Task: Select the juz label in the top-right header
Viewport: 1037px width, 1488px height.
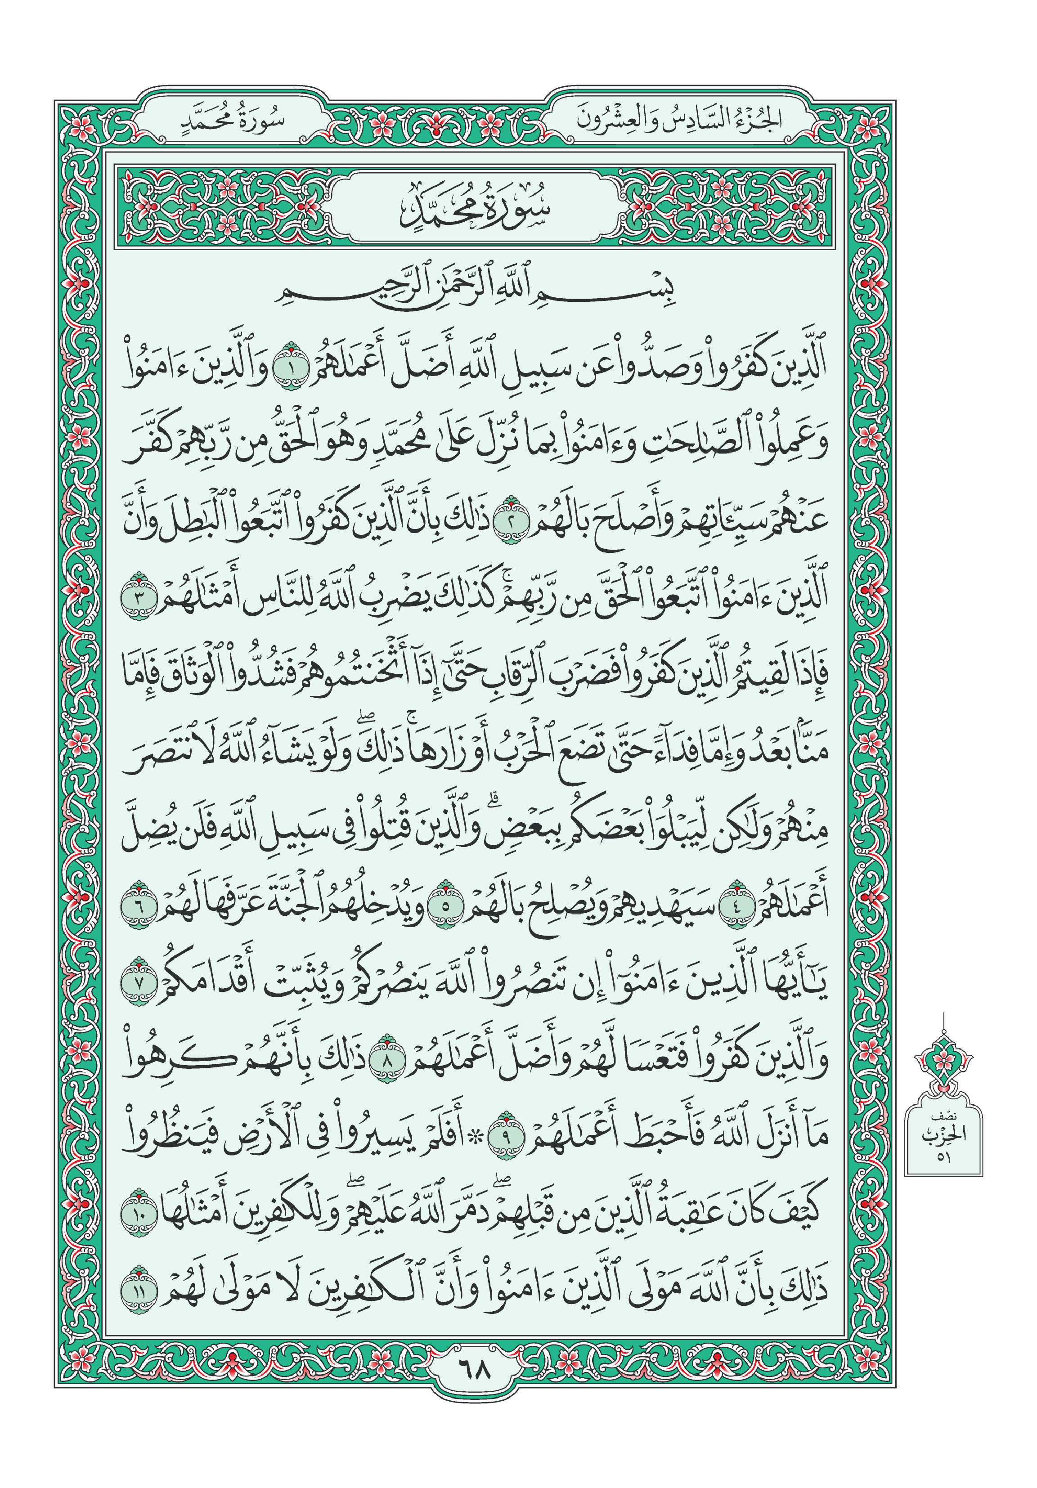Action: point(678,121)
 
